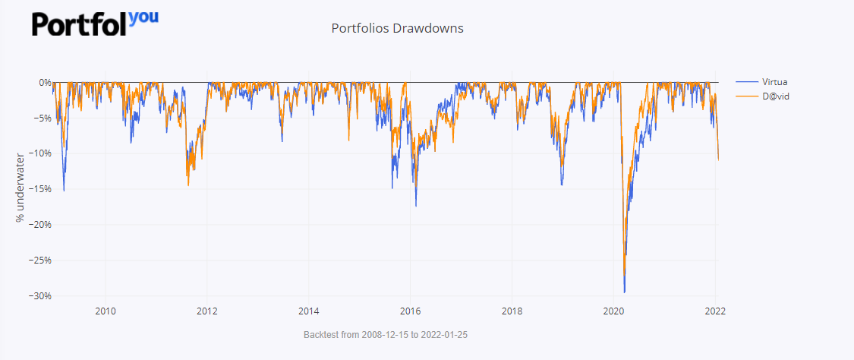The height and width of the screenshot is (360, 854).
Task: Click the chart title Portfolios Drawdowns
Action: coord(397,28)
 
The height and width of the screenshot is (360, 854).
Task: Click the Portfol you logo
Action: coord(95,23)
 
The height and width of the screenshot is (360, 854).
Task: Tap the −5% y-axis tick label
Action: coord(40,118)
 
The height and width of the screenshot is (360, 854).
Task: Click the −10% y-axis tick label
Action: coord(38,153)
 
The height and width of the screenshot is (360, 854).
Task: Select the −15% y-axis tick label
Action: coord(38,189)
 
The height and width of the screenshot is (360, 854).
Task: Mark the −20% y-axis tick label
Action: coord(38,224)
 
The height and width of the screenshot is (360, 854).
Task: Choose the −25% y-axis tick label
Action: coord(38,260)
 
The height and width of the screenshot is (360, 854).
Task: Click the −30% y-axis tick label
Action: coord(38,295)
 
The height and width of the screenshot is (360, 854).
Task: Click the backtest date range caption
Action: coord(386,334)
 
